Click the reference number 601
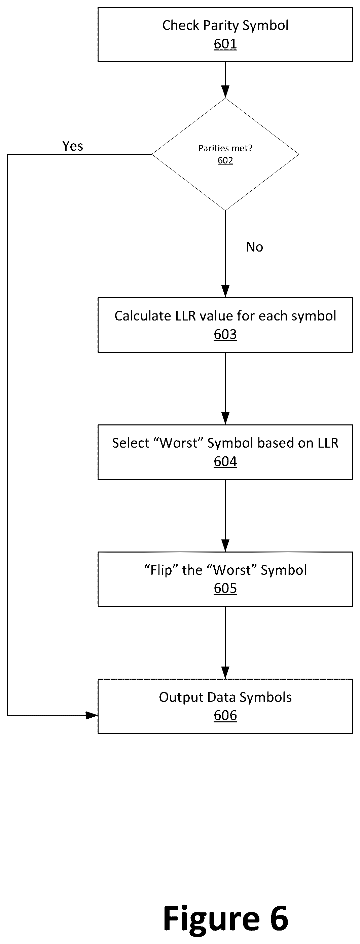click(225, 44)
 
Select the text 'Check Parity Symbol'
click(225, 26)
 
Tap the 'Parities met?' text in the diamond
click(225, 148)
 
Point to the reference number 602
click(225, 160)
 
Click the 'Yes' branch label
click(73, 146)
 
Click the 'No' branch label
click(254, 247)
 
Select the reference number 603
click(225, 334)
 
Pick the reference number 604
click(225, 461)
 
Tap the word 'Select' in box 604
click(131, 443)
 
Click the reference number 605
click(225, 588)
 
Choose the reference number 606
click(225, 715)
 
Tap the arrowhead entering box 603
click(225, 291)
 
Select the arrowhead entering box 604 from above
click(225, 418)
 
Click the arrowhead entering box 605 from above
click(225, 546)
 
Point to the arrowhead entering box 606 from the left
click(92, 715)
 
